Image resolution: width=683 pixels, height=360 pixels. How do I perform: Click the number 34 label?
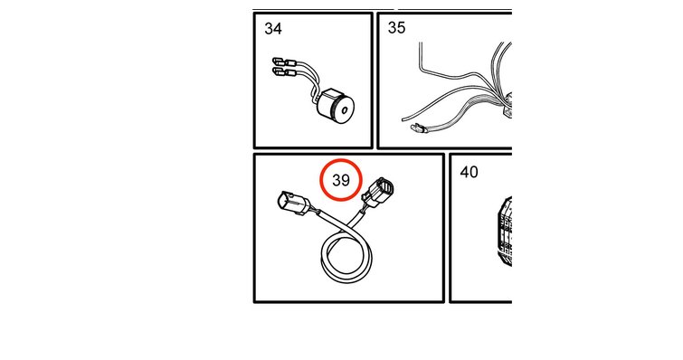273,29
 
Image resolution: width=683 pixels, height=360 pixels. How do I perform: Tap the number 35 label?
396,27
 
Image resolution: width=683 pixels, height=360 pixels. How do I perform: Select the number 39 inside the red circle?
341,180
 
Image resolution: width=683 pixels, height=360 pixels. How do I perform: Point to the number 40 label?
469,172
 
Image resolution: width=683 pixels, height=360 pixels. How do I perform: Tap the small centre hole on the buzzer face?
346,110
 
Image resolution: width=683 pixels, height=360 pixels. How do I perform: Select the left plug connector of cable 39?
293,204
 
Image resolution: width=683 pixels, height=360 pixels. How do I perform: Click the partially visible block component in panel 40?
504,232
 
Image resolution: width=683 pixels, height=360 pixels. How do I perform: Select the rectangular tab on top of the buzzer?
330,93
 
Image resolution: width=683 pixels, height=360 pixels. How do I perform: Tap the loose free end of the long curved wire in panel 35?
403,118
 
